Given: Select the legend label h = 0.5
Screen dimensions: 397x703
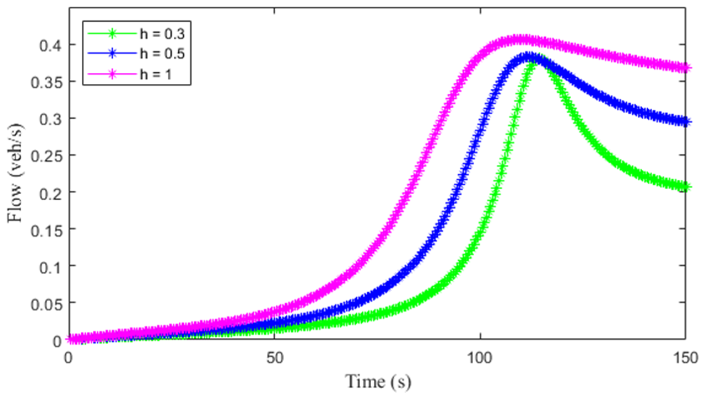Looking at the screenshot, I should [x=162, y=54].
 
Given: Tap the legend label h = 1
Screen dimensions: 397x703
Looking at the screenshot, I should [x=155, y=74].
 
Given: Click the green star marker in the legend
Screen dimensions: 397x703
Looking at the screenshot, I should [x=112, y=34].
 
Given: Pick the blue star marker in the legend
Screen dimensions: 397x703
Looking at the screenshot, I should [x=112, y=54].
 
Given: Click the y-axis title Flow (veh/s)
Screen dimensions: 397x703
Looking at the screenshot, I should [x=15, y=173].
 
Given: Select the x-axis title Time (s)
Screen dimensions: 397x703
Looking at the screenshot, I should [x=378, y=382].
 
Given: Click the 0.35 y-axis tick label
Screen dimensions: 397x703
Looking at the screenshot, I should [x=46, y=82].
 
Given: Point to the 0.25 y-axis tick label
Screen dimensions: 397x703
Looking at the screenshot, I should [x=46, y=156].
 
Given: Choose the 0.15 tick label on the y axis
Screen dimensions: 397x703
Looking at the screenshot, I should [x=46, y=229].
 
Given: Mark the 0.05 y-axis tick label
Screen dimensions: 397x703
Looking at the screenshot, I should [x=46, y=303].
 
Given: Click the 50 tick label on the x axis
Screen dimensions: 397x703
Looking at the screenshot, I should [x=275, y=358].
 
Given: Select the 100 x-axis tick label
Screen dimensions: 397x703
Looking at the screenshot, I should [x=480, y=358].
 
